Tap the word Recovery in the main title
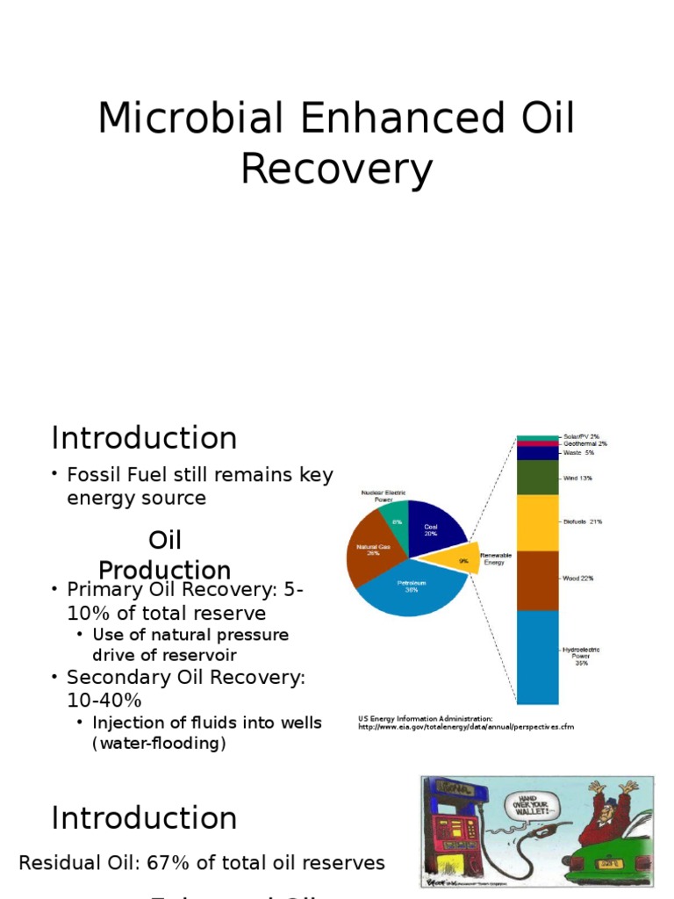[x=337, y=169]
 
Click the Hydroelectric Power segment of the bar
[x=537, y=657]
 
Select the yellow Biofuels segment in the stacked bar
[x=537, y=522]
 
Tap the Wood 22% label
[x=578, y=579]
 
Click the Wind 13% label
[x=577, y=478]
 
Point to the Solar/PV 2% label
[x=580, y=436]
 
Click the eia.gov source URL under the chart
[x=465, y=727]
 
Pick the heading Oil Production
[x=164, y=555]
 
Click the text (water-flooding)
[x=159, y=744]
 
